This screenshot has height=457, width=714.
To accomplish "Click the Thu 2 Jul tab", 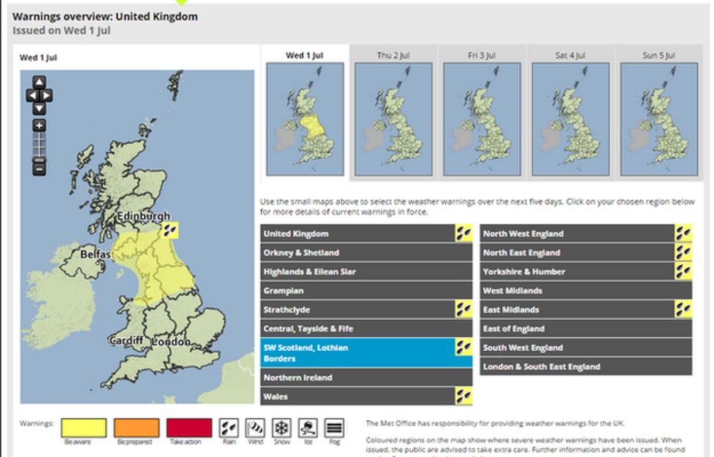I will tap(394, 55).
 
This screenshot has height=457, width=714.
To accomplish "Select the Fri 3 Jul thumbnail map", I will tap(481, 118).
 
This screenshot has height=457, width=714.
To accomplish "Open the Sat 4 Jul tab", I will tap(570, 55).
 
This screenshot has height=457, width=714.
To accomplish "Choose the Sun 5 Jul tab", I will tap(658, 55).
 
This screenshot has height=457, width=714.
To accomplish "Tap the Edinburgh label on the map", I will tap(144, 216).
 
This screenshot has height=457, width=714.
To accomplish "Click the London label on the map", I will tap(173, 341).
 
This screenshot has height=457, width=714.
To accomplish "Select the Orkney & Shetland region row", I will tap(366, 253).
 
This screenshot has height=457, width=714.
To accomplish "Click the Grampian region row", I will tap(366, 291).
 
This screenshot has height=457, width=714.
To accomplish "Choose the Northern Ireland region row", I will tap(366, 378).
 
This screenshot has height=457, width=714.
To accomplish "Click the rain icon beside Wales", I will tap(463, 397).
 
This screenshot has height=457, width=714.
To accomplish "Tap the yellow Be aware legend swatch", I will tap(83, 428).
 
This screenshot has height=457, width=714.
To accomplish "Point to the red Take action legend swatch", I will tap(189, 428).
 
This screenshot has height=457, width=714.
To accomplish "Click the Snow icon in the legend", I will tap(282, 428).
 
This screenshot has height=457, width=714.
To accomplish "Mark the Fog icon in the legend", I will tap(334, 428).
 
